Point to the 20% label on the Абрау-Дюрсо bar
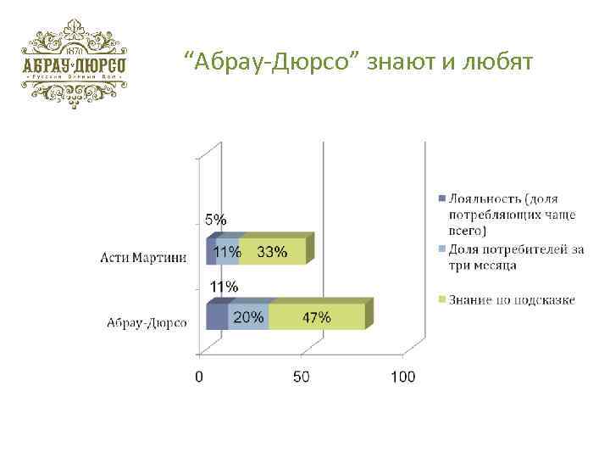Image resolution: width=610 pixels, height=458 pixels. click(x=247, y=318)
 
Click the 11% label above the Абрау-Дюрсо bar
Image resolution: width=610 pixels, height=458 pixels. click(x=224, y=286)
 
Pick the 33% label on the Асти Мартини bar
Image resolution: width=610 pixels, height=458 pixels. click(x=271, y=252)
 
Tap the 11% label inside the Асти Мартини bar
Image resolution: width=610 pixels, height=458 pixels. click(x=226, y=252)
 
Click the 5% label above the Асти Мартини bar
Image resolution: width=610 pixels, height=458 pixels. click(x=216, y=219)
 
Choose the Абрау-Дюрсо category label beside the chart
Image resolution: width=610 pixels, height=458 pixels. click(x=147, y=322)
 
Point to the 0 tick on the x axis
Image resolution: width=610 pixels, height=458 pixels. click(x=200, y=377)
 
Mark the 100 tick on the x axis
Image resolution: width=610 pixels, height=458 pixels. click(x=402, y=377)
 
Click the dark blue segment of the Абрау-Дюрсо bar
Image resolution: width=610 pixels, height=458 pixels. click(x=217, y=318)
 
